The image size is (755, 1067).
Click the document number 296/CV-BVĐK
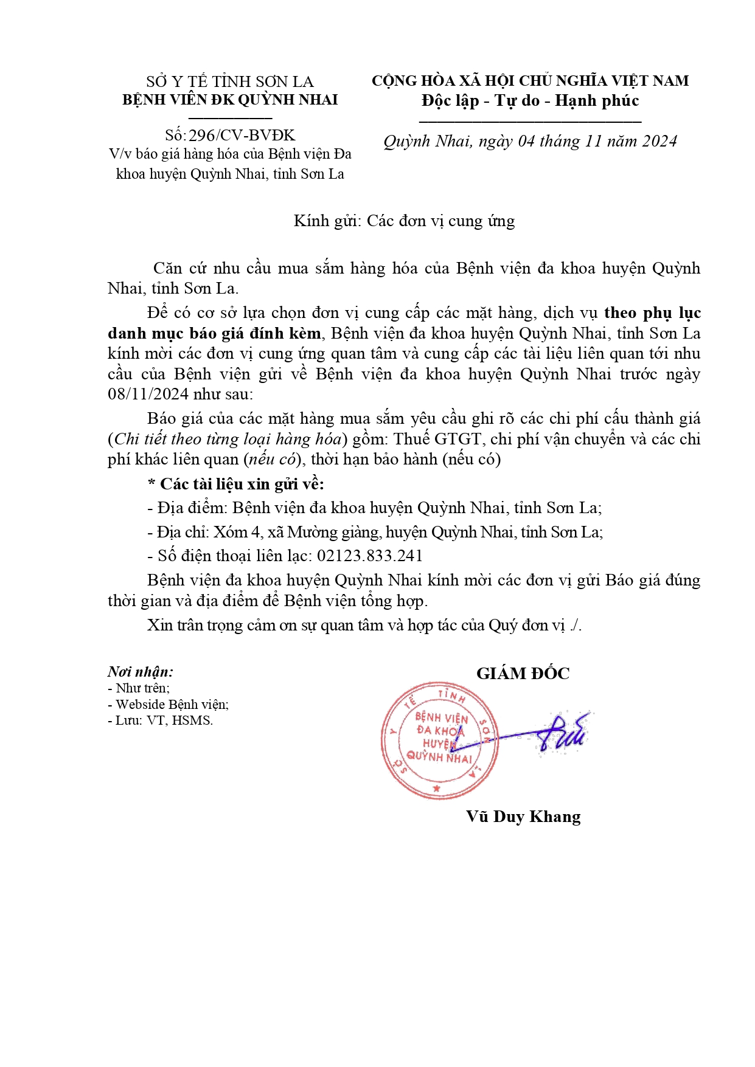click(x=242, y=135)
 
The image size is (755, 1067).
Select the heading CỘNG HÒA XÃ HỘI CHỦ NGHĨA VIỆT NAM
click(x=530, y=81)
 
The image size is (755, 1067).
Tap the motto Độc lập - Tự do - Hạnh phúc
click(x=530, y=100)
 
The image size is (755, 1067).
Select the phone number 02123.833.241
click(x=369, y=556)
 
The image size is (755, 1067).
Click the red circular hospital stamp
click(x=439, y=740)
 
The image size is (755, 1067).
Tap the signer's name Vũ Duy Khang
click(x=523, y=816)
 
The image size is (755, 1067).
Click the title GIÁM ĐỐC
click(x=523, y=673)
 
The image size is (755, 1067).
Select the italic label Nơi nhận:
click(x=141, y=671)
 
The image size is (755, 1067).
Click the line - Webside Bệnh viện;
click(x=168, y=704)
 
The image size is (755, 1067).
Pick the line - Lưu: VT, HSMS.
click(x=160, y=720)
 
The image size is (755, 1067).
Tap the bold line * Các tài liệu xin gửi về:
click(x=236, y=484)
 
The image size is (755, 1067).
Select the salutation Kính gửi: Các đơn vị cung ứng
click(x=404, y=221)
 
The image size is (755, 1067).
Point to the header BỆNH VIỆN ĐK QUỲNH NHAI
click(x=230, y=100)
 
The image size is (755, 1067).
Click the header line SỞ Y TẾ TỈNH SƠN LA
click(x=230, y=81)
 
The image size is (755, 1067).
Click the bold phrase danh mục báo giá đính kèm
click(x=214, y=333)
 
